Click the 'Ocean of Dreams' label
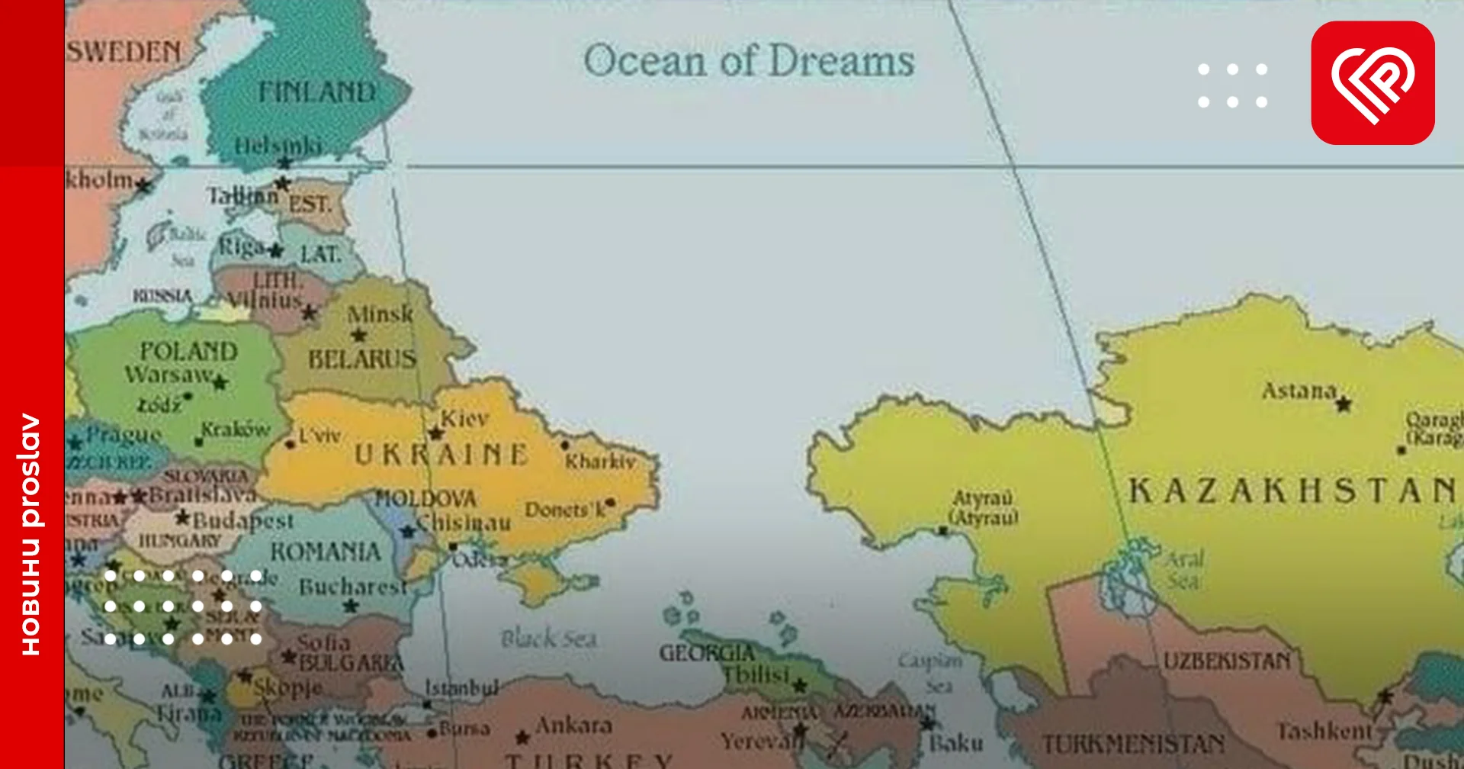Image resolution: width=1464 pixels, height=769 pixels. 749,61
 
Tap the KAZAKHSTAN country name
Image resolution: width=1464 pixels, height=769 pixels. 1292,491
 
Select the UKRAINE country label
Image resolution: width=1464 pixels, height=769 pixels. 441,455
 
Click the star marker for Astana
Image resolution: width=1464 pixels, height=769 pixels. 1344,404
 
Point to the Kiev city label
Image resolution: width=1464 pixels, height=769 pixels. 464,419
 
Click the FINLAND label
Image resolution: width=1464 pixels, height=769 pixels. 316,93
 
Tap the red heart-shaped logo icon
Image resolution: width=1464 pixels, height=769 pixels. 1372,82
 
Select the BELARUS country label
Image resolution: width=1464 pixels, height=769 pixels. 362,359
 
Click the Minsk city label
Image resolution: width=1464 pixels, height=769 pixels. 380,314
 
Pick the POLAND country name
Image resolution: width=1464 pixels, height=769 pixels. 188,352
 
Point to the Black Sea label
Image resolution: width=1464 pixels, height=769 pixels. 549,639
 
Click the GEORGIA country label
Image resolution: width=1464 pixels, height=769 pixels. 707,654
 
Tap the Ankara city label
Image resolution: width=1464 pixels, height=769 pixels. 573,725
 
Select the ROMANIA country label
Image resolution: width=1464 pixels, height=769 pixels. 326,552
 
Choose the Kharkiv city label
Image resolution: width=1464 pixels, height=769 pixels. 600,462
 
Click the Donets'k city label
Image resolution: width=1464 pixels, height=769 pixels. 564,510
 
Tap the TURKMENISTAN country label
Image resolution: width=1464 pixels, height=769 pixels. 1133,744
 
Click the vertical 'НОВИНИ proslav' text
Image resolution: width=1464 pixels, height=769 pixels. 30,534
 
